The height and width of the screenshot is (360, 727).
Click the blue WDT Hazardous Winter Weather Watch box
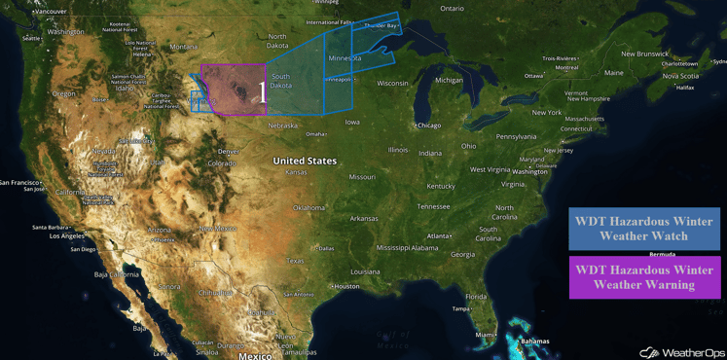(643, 229)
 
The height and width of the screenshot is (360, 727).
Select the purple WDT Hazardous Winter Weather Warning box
(643, 276)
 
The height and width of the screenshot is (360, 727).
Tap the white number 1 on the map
(262, 91)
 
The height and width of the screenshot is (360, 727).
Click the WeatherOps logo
(680, 352)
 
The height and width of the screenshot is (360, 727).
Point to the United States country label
(305, 161)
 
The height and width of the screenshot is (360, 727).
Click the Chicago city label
(428, 126)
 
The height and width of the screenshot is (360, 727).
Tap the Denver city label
(229, 152)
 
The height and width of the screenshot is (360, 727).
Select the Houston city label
(346, 286)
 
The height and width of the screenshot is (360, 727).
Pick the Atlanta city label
(439, 236)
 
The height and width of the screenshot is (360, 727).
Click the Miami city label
(485, 334)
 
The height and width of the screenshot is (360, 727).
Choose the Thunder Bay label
(381, 26)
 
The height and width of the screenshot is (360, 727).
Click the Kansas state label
(296, 172)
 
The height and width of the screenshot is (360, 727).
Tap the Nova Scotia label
(680, 76)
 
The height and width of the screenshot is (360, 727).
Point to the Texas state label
(296, 261)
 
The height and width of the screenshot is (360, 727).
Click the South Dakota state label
(280, 81)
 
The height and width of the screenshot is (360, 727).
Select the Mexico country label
(255, 355)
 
